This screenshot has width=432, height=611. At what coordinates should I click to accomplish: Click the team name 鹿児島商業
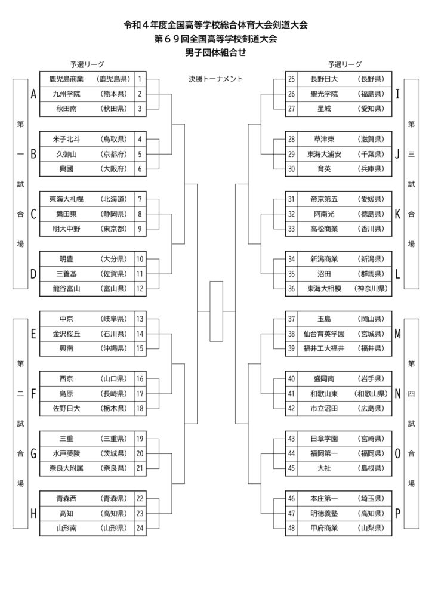(66, 79)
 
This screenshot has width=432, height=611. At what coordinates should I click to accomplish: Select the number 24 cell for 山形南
(140, 529)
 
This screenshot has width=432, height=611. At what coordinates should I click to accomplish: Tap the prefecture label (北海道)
(114, 199)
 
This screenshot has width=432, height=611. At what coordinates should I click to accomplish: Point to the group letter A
(33, 94)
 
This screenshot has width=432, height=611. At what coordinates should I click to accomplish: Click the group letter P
(397, 514)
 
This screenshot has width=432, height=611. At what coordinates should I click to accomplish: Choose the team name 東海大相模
(324, 289)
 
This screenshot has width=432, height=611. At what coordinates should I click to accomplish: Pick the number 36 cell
(291, 289)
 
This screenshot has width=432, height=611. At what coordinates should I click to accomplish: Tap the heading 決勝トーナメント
(216, 79)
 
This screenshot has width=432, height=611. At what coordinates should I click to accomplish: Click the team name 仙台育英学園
(324, 334)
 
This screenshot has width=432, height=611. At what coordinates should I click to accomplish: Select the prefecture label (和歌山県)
(371, 394)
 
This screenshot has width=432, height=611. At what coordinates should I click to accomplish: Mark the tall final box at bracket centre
(216, 311)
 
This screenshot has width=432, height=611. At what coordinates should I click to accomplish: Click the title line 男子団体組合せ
(216, 53)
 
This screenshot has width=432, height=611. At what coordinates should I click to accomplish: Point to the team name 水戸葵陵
(66, 453)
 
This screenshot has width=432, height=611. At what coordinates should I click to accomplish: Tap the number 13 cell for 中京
(140, 319)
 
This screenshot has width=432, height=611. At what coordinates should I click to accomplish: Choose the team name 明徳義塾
(324, 514)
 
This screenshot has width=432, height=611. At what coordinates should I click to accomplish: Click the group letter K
(397, 214)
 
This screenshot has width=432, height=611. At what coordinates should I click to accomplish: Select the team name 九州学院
(66, 94)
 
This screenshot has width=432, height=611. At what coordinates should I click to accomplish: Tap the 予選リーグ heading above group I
(345, 64)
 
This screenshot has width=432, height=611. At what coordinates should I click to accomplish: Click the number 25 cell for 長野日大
(291, 79)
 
